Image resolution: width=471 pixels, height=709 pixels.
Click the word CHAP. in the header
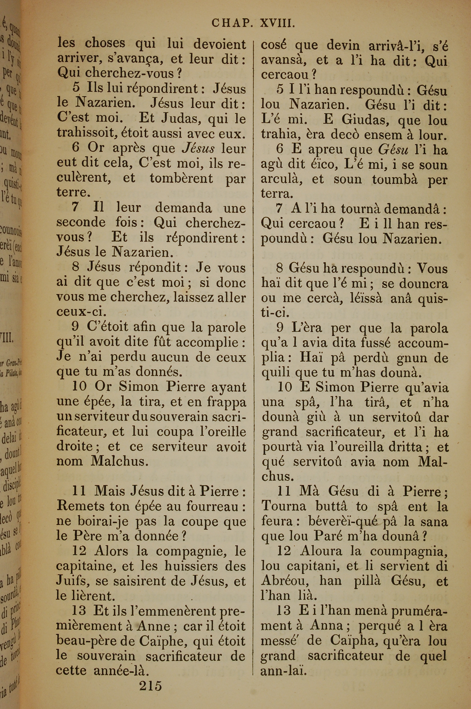(x=231, y=23)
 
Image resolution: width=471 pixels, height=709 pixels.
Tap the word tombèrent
(x=181, y=178)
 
